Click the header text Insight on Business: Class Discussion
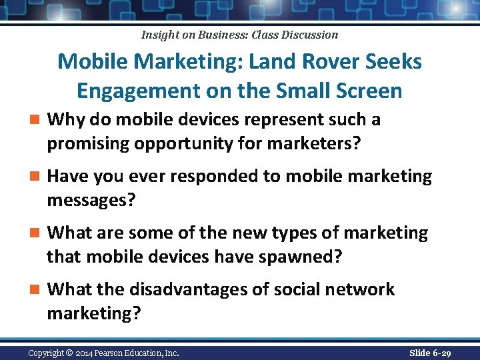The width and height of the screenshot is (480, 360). [x=240, y=35]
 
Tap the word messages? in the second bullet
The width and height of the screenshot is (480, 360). [x=91, y=199]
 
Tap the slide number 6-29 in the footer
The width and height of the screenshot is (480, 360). [x=439, y=353]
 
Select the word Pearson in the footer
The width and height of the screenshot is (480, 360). [x=119, y=353]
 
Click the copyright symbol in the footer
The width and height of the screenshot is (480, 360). [x=69, y=353]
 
